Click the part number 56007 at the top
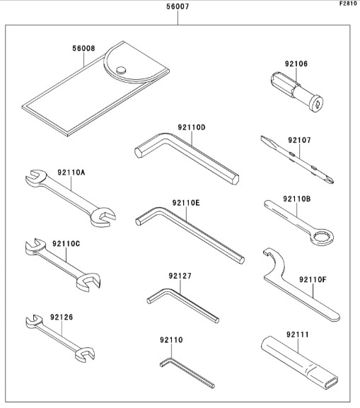178,6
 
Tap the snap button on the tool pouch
121,70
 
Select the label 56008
83,48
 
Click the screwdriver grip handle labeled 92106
297,93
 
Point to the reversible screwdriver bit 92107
297,160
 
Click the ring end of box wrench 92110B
323,237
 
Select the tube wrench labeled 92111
299,363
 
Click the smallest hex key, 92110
187,373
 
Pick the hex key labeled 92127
182,305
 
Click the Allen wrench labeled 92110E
190,235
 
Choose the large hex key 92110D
187,158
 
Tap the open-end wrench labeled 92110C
63,264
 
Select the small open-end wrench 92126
60,338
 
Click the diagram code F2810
348,4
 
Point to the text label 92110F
313,280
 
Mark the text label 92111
298,334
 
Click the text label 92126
62,317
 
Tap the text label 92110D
192,127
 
